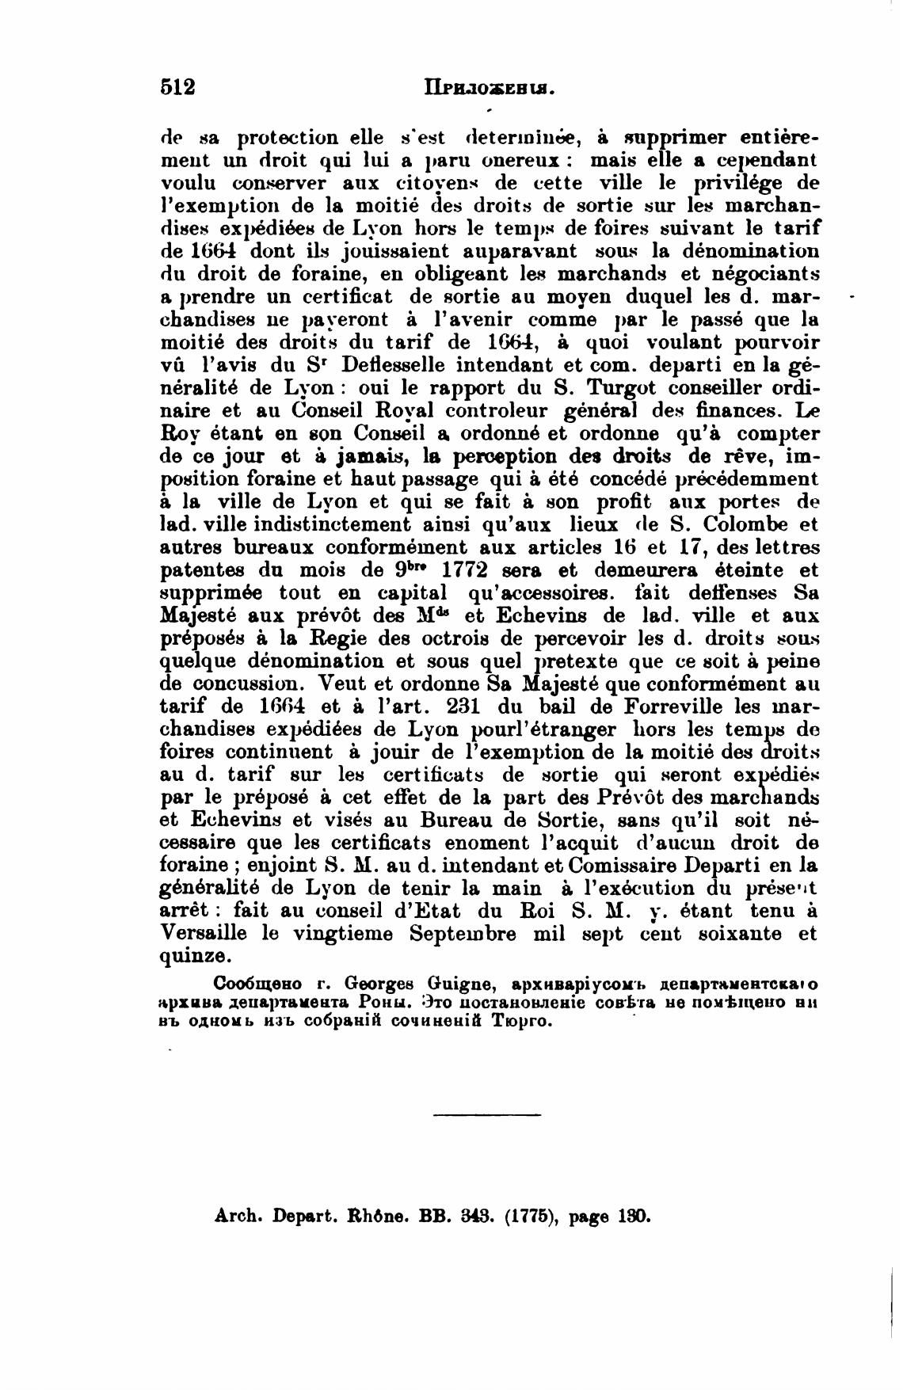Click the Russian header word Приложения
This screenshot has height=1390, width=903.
(487, 88)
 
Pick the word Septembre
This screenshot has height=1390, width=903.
(463, 933)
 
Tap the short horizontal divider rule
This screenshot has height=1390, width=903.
(487, 1116)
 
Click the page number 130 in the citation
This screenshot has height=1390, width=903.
(634, 1215)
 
